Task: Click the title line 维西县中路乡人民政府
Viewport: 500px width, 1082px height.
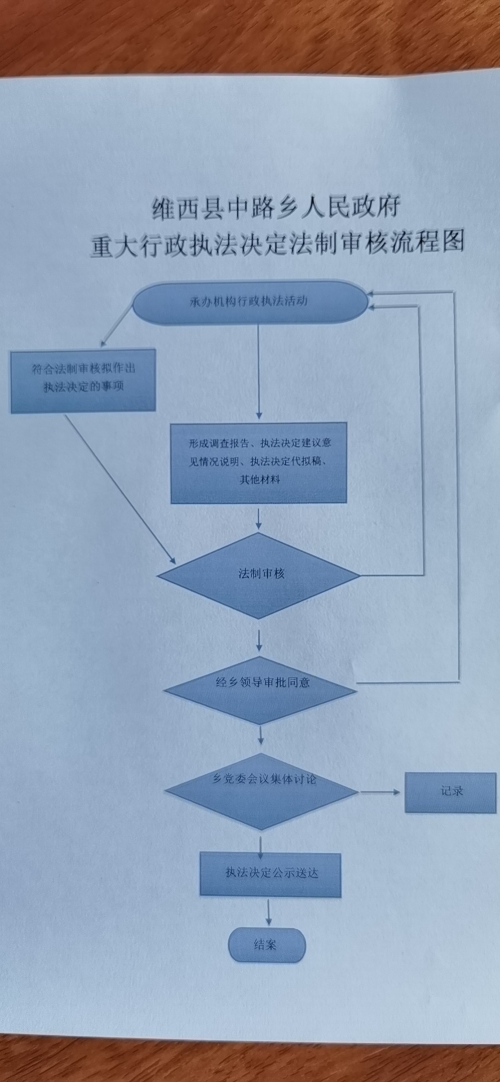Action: (x=276, y=208)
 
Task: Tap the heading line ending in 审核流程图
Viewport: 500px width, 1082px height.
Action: (x=277, y=243)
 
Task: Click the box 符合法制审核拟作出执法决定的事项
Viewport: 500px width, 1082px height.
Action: (x=83, y=380)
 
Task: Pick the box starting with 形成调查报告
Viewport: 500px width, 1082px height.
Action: (x=259, y=462)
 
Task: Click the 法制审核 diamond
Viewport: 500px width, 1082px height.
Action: (x=259, y=575)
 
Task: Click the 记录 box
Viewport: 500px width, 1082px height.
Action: (x=450, y=792)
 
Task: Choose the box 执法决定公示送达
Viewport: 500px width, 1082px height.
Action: (x=271, y=873)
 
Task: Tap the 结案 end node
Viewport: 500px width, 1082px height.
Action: (x=267, y=945)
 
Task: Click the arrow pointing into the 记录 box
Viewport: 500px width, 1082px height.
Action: (x=380, y=792)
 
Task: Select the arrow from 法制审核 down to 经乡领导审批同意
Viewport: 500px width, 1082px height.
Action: (x=259, y=640)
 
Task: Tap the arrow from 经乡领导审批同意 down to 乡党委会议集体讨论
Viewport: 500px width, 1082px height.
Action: (x=260, y=735)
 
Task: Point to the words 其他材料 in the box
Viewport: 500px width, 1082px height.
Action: (x=259, y=480)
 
